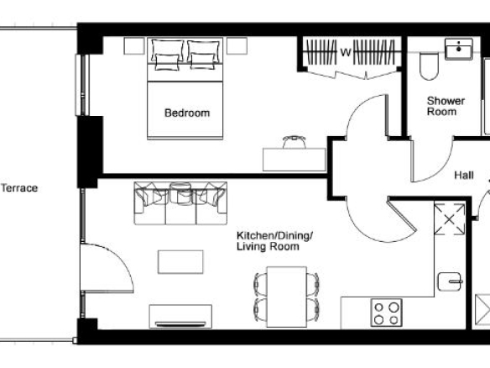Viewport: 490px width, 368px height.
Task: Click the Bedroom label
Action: point(187,113)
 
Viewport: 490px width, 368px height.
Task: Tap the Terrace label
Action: point(19,188)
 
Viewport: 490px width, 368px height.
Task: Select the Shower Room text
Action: point(446,106)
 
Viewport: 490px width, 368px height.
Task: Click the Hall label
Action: point(464,176)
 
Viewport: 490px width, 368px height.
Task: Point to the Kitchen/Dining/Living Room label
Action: point(274,241)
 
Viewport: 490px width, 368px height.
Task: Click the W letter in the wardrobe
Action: point(346,52)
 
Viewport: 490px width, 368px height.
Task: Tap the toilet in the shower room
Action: point(429,66)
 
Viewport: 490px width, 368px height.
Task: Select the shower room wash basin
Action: point(459,49)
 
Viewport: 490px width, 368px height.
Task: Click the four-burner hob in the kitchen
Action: point(387,313)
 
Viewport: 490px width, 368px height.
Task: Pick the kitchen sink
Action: point(450,281)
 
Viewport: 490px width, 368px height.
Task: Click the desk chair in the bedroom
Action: point(294,142)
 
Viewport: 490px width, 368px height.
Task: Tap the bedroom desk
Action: point(294,160)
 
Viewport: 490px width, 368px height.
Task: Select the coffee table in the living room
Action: point(180,262)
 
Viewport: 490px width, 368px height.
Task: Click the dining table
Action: point(287,297)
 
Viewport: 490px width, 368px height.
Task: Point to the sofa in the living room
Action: point(180,203)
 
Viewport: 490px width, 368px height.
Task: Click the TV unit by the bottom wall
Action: point(180,317)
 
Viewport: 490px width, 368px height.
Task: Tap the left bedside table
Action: point(134,46)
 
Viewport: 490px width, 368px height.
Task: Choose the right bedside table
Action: point(237,46)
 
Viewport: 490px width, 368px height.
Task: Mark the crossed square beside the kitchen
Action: point(450,219)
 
